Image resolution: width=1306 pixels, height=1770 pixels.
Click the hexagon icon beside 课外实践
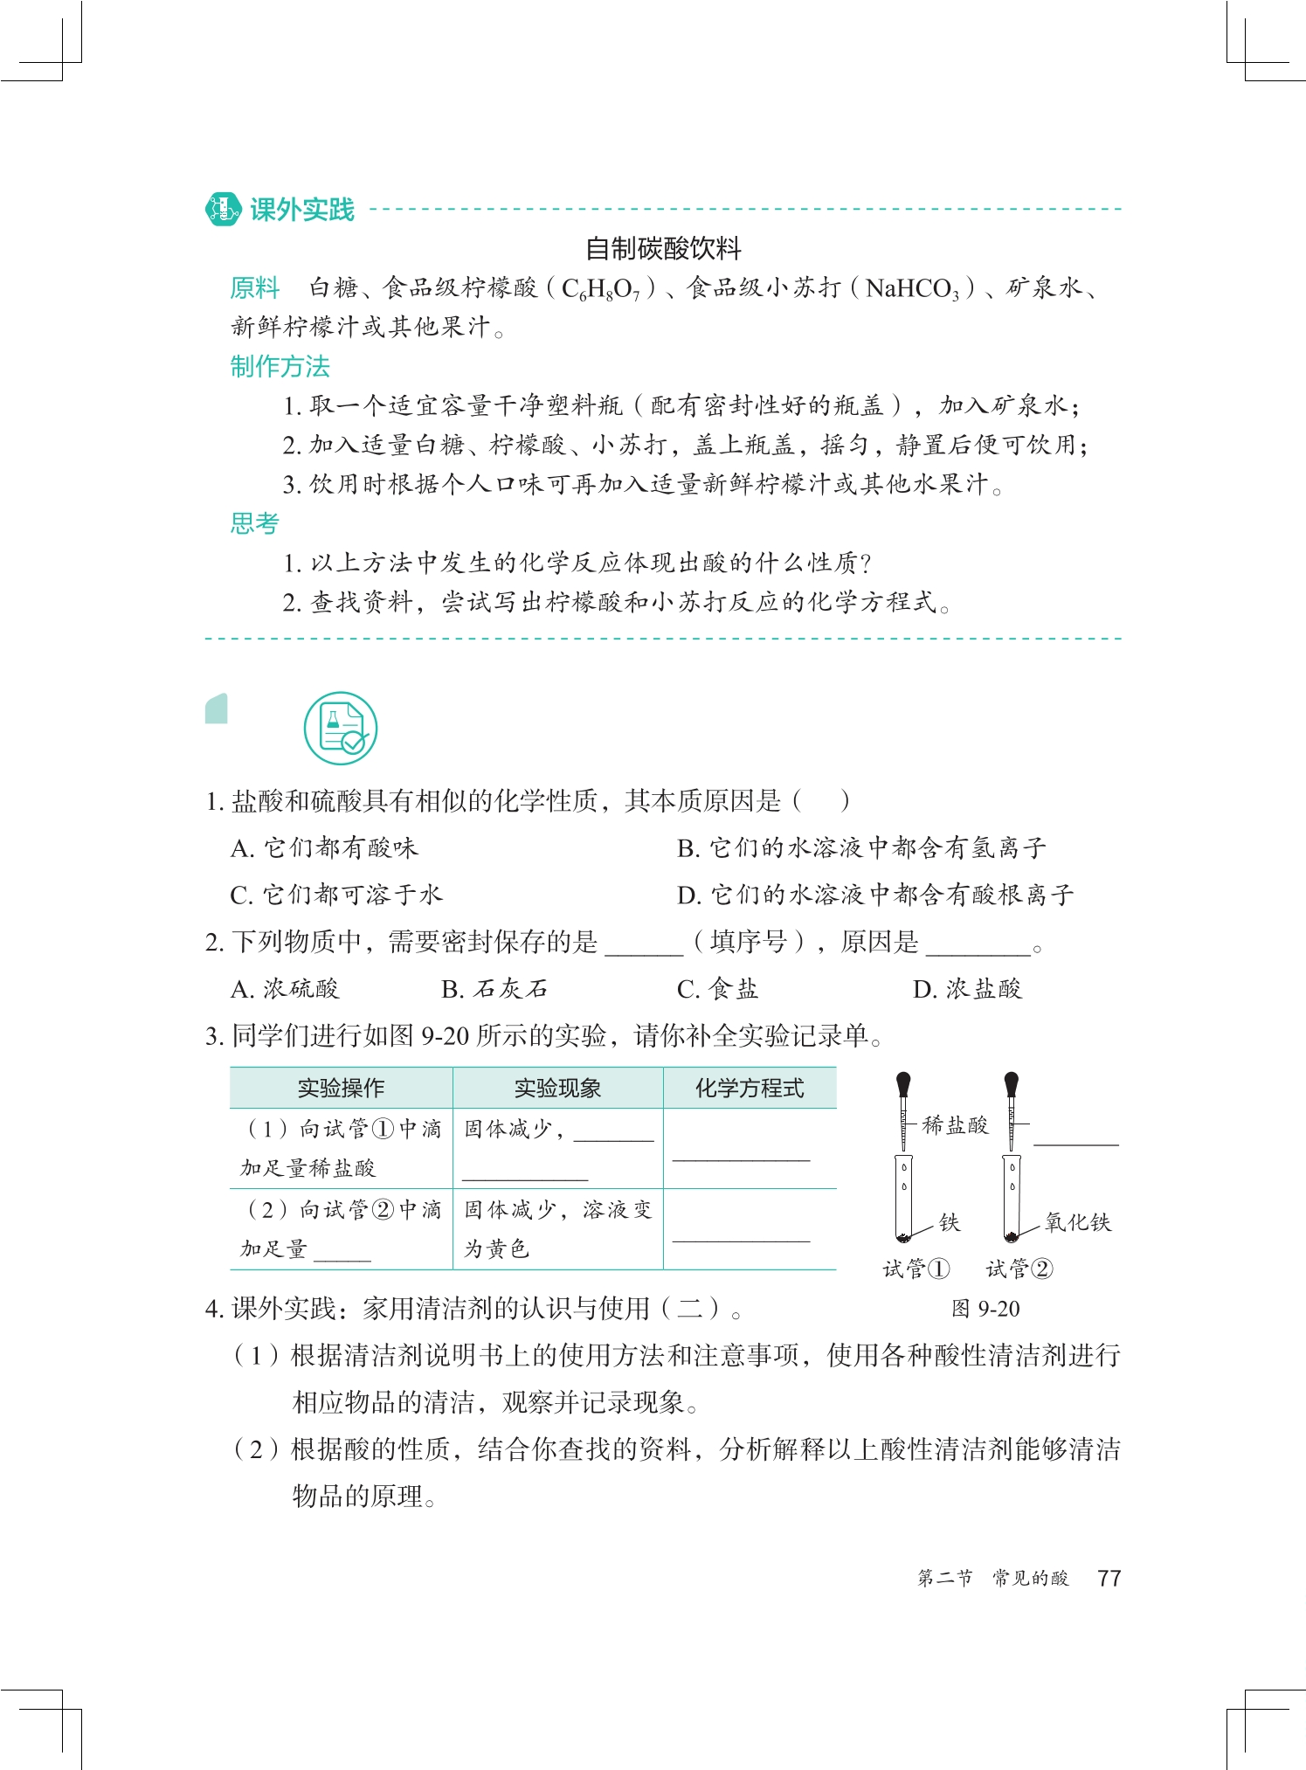click(x=223, y=210)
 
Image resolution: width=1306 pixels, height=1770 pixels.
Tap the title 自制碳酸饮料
click(x=663, y=249)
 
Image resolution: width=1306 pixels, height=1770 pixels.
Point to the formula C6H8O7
click(x=601, y=288)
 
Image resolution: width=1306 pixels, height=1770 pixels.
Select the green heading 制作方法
click(x=280, y=367)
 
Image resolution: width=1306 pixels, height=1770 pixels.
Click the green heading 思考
click(x=254, y=523)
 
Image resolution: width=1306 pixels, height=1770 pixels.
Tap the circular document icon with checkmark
click(x=341, y=729)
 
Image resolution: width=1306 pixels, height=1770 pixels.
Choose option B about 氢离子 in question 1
click(x=860, y=847)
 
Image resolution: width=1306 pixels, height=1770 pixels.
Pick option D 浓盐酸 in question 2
click(x=967, y=989)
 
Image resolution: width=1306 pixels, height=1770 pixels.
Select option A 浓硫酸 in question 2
click(x=285, y=989)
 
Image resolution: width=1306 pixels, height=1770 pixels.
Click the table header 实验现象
click(x=557, y=1088)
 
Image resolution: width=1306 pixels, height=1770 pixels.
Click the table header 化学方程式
click(x=750, y=1088)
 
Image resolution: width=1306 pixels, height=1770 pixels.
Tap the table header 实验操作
click(x=341, y=1088)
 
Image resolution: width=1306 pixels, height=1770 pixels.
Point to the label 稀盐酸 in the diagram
click(x=955, y=1125)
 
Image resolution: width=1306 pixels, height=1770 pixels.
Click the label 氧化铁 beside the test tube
click(x=1078, y=1222)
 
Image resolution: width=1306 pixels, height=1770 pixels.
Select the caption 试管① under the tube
click(x=916, y=1269)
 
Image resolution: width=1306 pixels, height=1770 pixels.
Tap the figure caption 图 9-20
click(x=985, y=1309)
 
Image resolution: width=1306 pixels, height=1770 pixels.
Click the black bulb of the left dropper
click(x=903, y=1084)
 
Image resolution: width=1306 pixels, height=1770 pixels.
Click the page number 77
click(x=1109, y=1578)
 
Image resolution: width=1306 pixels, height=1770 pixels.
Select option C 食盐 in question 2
click(x=717, y=989)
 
